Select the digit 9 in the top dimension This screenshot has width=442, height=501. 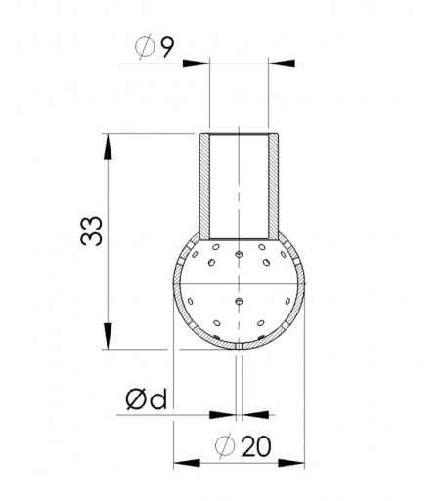tap(167, 47)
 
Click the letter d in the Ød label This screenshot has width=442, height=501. tap(159, 399)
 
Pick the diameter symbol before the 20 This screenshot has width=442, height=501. tap(225, 446)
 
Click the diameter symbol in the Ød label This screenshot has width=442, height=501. tap(137, 399)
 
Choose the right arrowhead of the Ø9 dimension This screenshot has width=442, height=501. tap(279, 64)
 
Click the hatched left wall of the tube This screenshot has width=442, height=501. tap(203, 186)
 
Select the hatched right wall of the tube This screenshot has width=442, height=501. tap(276, 186)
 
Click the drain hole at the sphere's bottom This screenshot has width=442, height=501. tap(240, 346)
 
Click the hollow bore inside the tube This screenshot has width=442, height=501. tap(240, 186)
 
